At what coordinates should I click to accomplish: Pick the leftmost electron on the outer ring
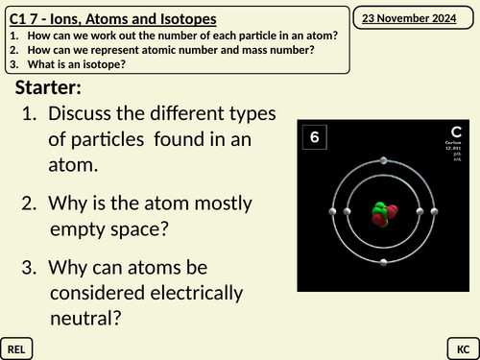coord(333,211)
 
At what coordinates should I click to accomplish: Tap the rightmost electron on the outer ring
coord(435,211)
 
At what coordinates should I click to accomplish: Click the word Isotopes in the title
coord(184,18)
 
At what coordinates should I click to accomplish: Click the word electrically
coord(195,292)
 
